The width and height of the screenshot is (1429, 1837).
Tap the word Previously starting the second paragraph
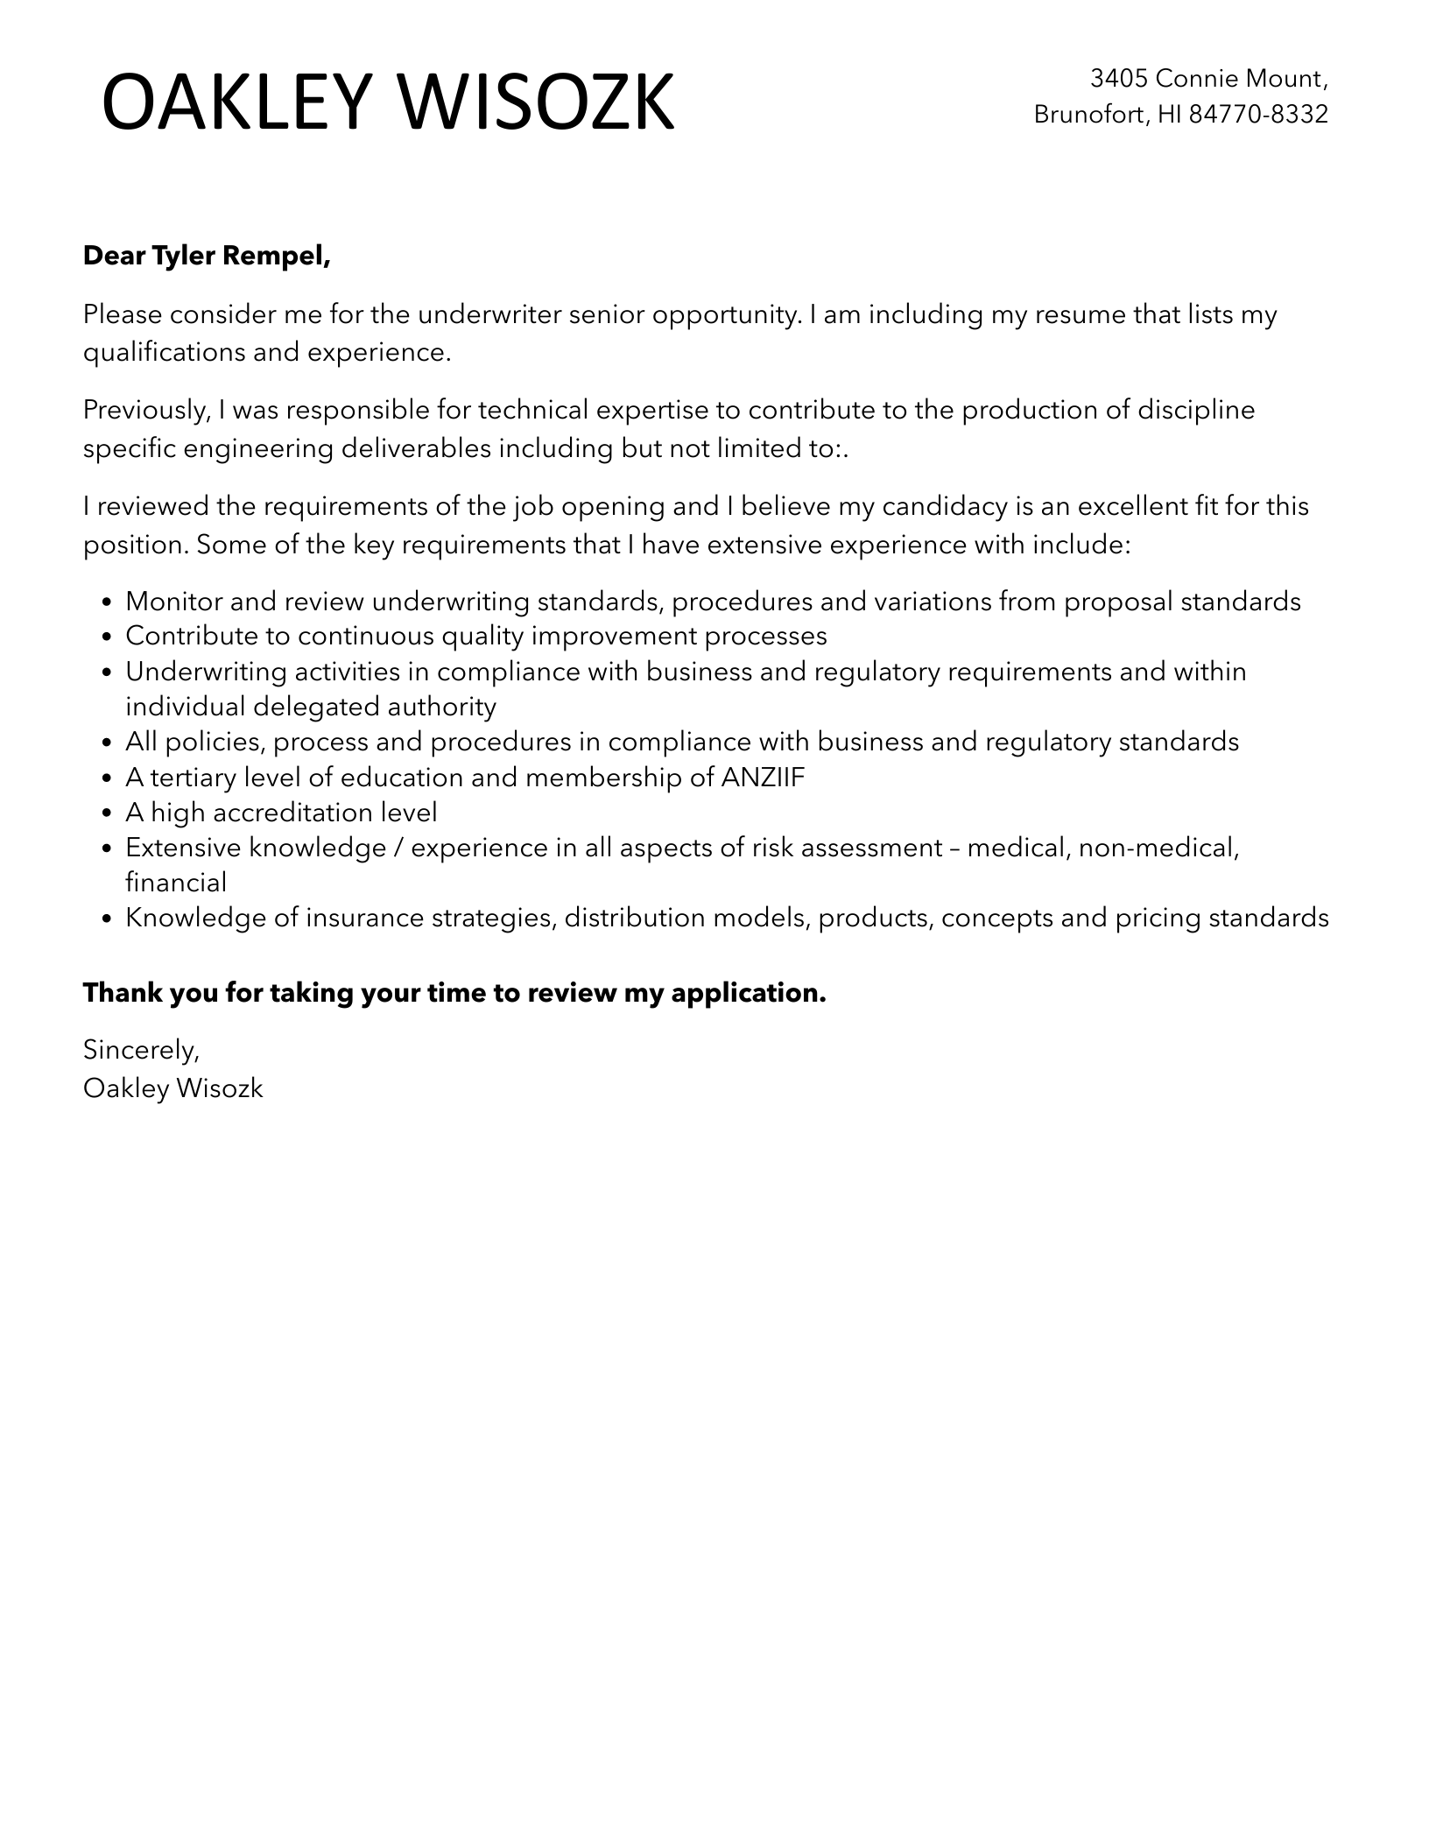(144, 410)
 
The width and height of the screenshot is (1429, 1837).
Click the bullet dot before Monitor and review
(107, 603)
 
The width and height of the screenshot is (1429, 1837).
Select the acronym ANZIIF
(762, 778)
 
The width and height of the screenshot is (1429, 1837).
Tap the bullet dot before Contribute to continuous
(107, 637)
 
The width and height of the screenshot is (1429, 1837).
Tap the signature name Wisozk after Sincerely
(219, 1088)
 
